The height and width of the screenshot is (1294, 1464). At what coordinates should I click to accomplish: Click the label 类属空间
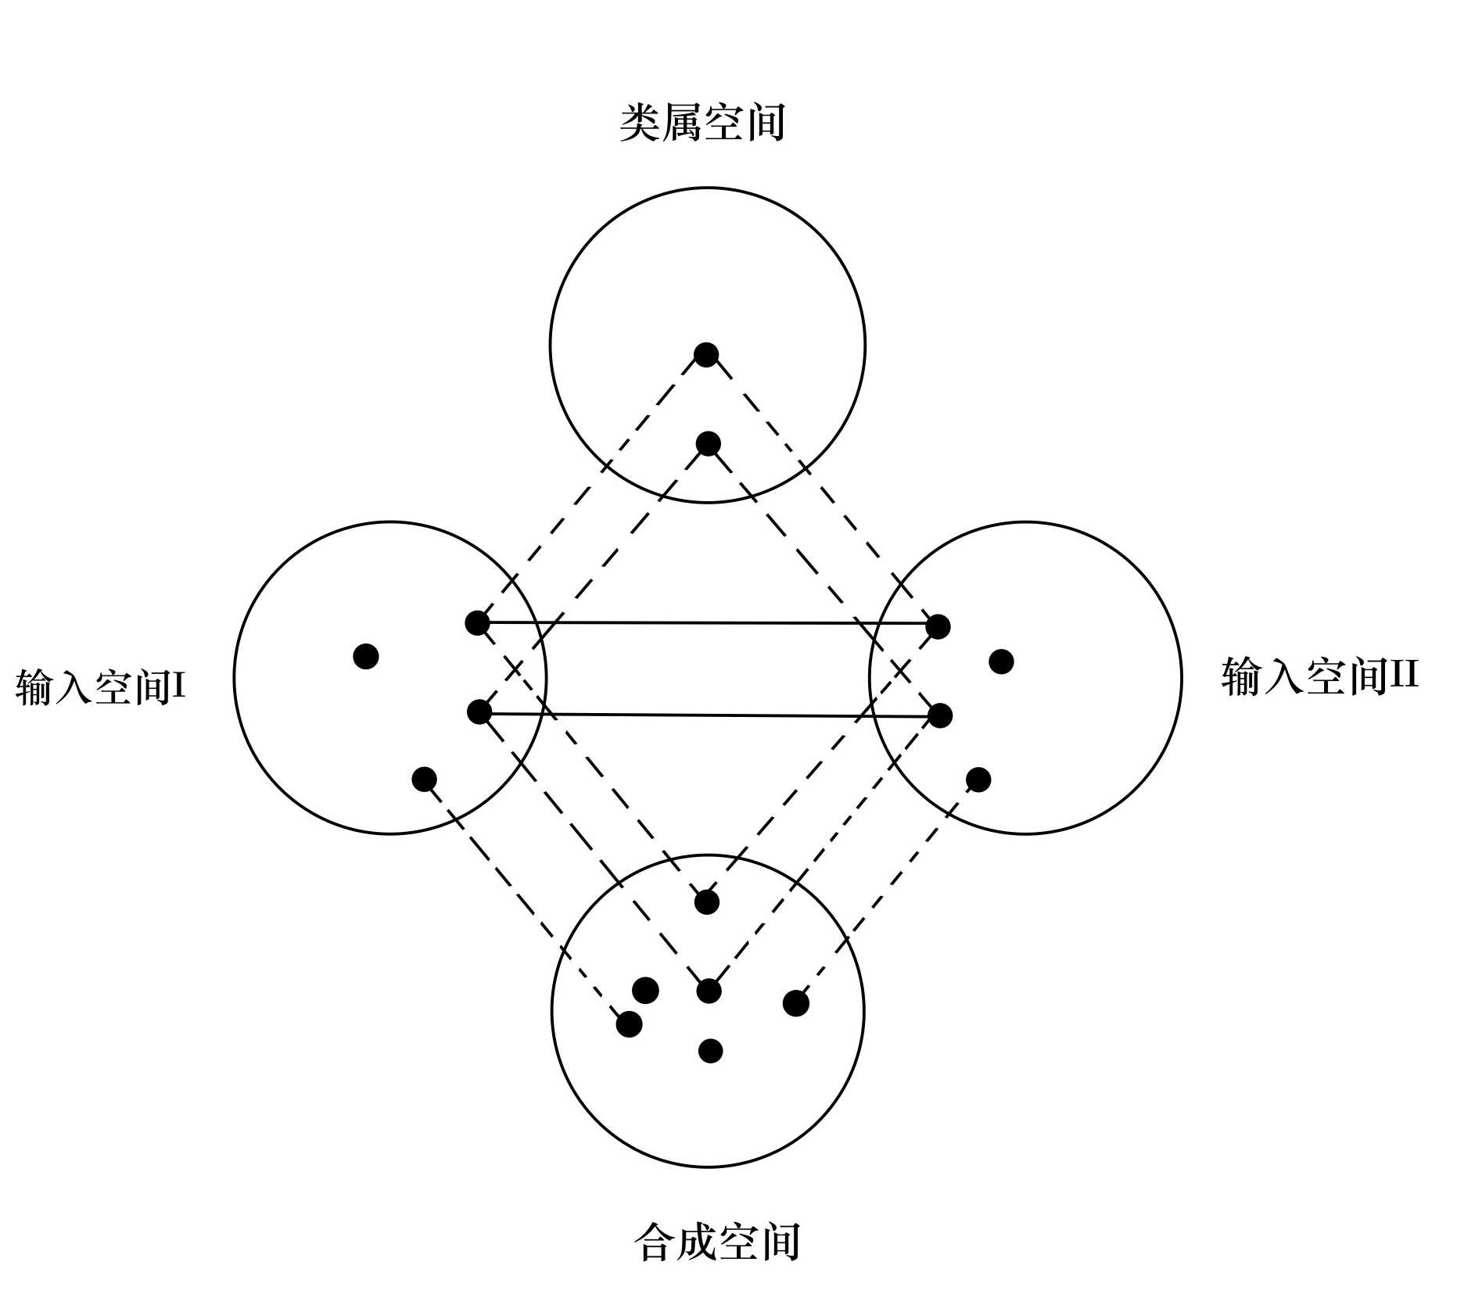pos(701,124)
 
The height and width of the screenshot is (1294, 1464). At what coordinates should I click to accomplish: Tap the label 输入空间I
pos(100,687)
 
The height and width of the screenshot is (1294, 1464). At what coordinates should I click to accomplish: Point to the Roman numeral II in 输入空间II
pos(1402,674)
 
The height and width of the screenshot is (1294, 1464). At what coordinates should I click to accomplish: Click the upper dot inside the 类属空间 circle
pos(706,354)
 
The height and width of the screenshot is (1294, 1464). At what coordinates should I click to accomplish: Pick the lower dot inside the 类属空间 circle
pos(708,444)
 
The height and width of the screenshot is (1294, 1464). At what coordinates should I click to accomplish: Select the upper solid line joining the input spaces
pos(708,623)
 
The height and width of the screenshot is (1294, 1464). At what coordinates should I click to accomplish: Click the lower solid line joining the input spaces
pos(708,715)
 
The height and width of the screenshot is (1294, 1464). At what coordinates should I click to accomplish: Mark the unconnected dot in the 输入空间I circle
pos(366,656)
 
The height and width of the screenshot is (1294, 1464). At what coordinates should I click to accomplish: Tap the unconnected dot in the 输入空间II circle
pos(1001,661)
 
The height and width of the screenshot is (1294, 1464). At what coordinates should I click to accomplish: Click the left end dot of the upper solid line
pos(477,622)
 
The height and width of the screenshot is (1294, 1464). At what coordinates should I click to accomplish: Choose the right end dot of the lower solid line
pos(940,715)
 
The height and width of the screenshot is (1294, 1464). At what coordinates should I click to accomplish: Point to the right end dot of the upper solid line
pos(938,626)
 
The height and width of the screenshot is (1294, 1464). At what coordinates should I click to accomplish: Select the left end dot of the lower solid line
pos(479,712)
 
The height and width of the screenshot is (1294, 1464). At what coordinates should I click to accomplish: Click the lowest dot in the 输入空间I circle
pos(424,779)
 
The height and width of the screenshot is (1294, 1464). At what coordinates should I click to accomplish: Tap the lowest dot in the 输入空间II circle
pos(978,779)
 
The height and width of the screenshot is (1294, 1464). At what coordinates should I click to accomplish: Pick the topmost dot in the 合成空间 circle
pos(707,901)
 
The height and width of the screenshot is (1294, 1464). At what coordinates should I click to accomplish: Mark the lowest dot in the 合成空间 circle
pos(710,1051)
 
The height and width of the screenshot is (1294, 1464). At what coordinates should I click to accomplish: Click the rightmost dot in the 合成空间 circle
pos(795,1003)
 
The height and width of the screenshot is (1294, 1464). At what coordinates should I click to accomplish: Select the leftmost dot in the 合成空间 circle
pos(629,1023)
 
